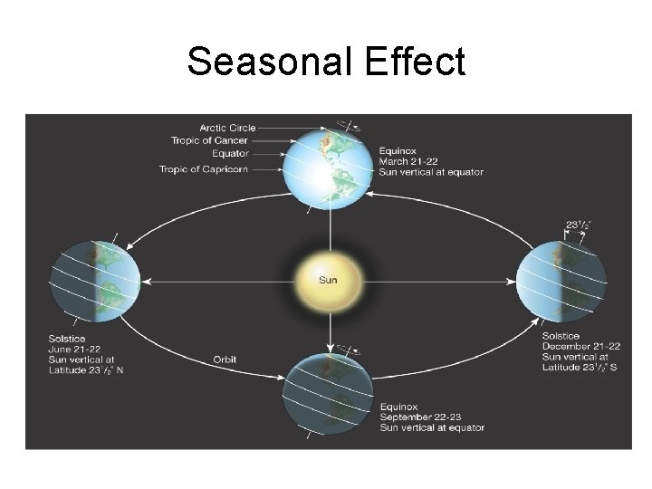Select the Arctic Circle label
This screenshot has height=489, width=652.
tap(227, 128)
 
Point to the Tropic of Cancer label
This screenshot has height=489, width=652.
tap(209, 140)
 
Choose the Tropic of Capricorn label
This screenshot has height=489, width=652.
tap(204, 168)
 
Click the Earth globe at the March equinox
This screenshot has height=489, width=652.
tap(329, 168)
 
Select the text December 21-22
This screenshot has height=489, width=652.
tap(580, 347)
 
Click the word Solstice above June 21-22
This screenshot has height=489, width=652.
tap(67, 339)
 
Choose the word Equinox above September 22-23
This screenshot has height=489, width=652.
tap(399, 407)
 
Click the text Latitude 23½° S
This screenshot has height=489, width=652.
tap(580, 367)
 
